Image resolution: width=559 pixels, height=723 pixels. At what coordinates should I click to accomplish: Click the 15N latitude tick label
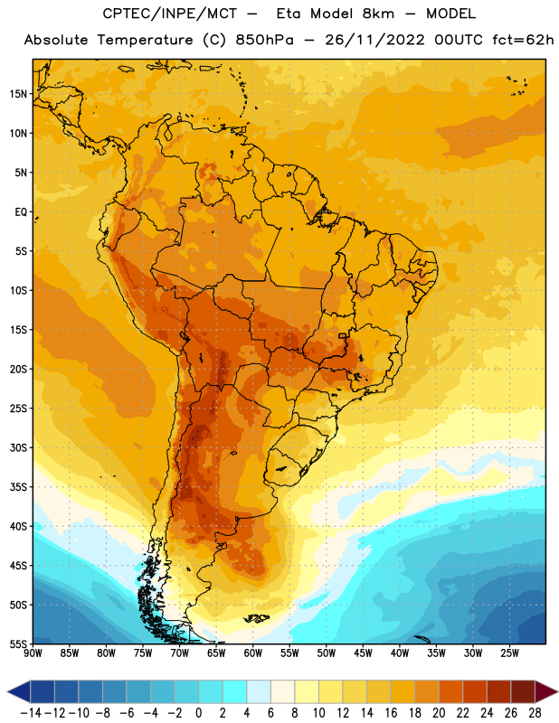tap(18, 94)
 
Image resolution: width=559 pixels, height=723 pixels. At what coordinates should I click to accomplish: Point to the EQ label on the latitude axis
tap(21, 212)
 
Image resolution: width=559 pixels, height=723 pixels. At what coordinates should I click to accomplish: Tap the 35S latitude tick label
tap(18, 487)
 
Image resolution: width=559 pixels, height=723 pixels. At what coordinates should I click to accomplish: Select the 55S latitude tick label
tap(18, 643)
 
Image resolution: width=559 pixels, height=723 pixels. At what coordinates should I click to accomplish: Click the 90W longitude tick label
tap(33, 653)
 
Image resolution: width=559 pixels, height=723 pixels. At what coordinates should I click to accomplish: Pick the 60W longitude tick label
tap(253, 653)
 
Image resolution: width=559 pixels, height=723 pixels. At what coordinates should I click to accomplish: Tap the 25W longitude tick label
tap(509, 653)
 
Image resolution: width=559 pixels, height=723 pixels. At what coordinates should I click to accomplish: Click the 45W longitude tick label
tap(364, 653)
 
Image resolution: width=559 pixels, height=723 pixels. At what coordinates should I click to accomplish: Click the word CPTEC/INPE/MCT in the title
tap(169, 14)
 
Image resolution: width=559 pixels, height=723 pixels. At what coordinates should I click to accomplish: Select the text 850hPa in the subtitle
tap(264, 40)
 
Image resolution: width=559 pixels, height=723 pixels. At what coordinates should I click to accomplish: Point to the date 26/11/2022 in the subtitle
tap(374, 40)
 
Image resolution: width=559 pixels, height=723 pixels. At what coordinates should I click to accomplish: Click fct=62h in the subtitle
tap(523, 40)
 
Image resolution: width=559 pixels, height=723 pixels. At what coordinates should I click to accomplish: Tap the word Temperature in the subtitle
tap(145, 40)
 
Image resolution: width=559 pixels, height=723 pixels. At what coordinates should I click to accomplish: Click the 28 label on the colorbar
tap(535, 713)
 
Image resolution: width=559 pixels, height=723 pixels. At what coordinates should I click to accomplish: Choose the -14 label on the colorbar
tap(31, 713)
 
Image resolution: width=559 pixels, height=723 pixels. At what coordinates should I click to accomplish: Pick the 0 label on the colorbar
tap(198, 713)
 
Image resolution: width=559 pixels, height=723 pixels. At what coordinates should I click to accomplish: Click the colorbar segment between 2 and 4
tap(235, 692)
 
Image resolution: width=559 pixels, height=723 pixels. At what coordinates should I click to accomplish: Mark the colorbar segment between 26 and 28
tap(523, 692)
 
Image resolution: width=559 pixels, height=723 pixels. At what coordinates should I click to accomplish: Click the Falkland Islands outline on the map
tap(256, 618)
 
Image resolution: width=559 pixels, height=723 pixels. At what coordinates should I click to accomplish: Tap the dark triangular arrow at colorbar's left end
tap(19, 692)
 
